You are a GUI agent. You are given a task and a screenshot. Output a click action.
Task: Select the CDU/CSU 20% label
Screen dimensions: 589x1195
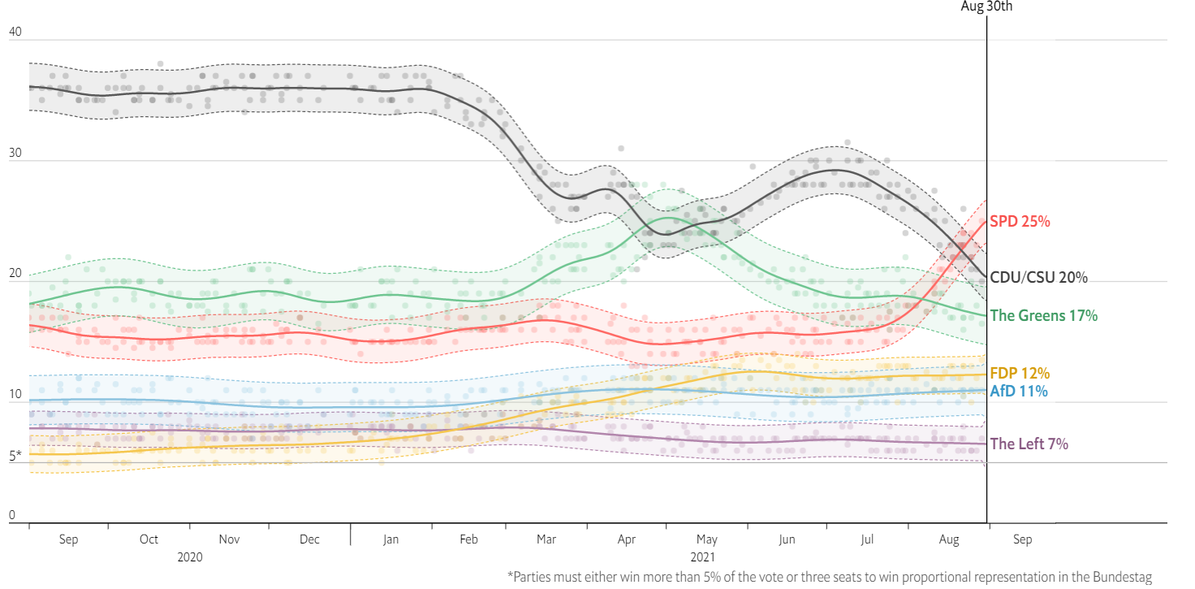1038,278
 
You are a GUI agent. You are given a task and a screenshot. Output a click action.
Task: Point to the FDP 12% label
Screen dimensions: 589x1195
1020,374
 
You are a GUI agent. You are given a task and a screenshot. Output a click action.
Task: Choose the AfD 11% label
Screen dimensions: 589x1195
1019,392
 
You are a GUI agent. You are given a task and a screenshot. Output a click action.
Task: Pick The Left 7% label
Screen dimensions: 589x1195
1029,444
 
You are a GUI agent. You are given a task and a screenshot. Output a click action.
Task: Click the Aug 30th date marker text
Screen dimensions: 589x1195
986,6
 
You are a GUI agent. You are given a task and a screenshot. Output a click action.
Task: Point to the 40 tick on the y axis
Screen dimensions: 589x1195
15,32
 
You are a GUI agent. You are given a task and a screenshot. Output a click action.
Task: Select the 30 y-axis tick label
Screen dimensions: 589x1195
15,154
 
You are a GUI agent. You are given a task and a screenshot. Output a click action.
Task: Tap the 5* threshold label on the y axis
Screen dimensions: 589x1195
15,457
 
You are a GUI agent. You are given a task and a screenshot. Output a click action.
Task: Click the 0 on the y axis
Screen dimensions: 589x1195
11,515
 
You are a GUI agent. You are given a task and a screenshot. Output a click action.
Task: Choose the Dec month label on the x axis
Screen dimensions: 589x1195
309,539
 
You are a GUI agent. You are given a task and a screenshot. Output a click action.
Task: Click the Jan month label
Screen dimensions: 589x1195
390,539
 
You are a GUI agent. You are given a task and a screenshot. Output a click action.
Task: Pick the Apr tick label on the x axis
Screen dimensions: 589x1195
626,539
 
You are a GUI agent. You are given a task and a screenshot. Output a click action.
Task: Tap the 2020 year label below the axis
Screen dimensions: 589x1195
189,557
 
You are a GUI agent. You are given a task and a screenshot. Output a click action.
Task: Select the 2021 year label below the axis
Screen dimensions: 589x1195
703,557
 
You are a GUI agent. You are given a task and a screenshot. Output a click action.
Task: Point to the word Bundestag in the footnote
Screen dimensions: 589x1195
1123,577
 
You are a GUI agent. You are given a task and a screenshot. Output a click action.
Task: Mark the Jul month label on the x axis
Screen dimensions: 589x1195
867,539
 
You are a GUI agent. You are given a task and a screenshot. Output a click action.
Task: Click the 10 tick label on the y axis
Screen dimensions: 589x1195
15,396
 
